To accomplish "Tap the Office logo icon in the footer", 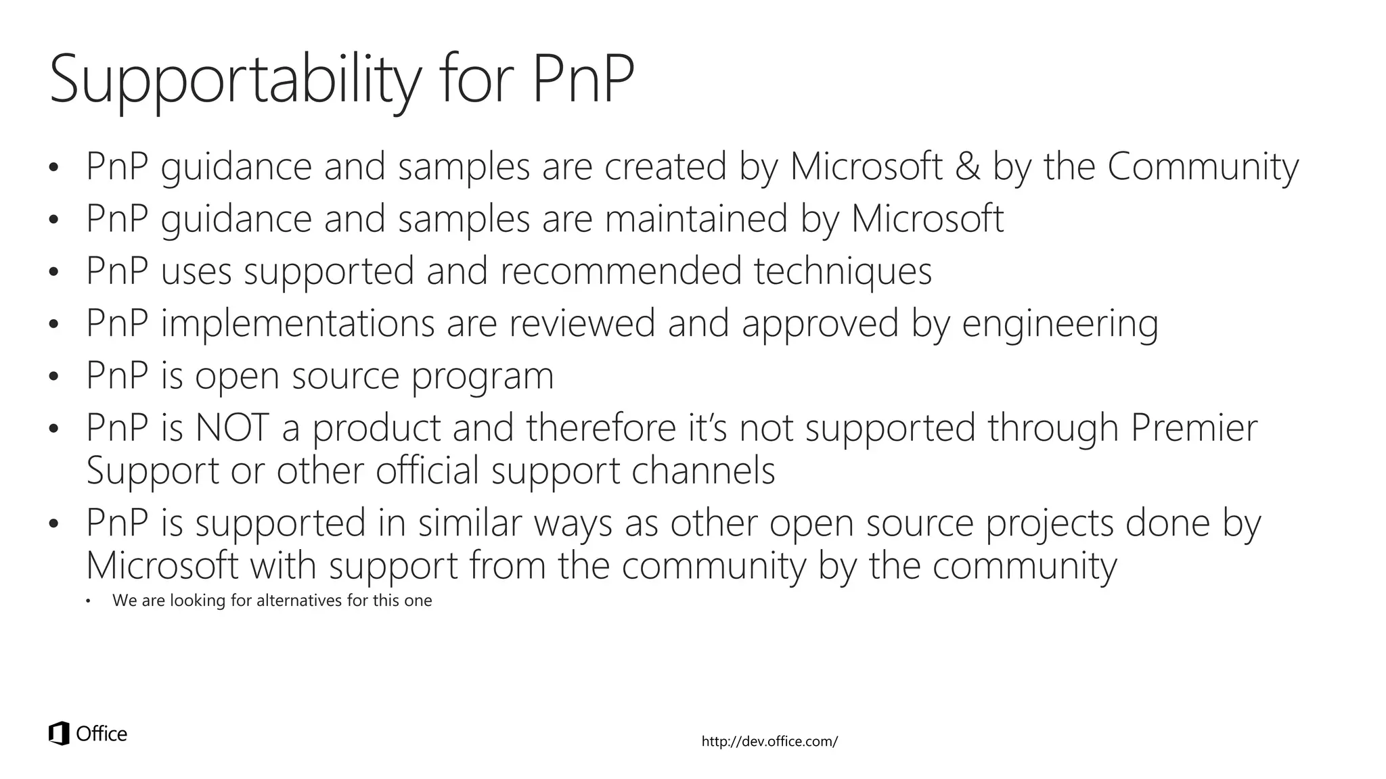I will click(x=60, y=734).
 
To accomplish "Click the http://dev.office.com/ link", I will click(x=769, y=742).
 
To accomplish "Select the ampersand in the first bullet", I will click(x=968, y=166).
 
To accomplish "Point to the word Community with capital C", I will click(x=1203, y=166).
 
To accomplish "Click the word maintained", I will click(x=696, y=218).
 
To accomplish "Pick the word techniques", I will click(x=843, y=270).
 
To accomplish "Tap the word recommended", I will click(x=621, y=270).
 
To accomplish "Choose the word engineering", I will click(x=1060, y=323).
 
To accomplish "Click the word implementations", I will click(x=298, y=323).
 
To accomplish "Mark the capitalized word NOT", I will click(x=231, y=428).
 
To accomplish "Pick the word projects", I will click(x=1049, y=523).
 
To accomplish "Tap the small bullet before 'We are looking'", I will click(x=88, y=601).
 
